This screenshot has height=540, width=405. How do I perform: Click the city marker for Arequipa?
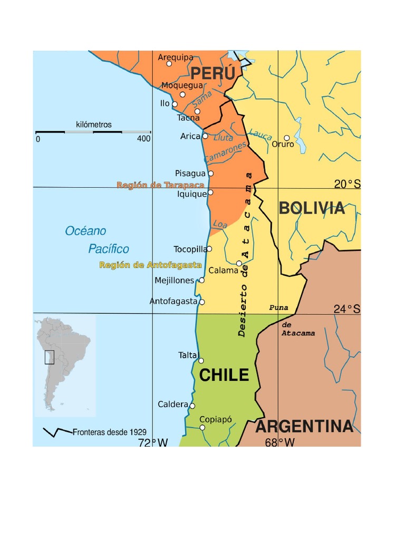(169, 64)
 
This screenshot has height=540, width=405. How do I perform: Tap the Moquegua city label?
(182, 85)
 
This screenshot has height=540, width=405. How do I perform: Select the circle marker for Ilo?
(175, 104)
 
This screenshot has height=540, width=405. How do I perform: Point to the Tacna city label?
(188, 118)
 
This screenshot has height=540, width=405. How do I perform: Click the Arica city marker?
(205, 136)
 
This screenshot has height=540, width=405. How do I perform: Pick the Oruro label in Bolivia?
(283, 144)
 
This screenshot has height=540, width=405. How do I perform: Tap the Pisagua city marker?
(211, 173)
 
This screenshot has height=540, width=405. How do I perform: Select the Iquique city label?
(192, 194)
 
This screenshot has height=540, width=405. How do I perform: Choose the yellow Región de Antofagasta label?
(150, 265)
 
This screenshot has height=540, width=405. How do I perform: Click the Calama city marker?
(239, 263)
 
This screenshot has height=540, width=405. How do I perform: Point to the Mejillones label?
(175, 281)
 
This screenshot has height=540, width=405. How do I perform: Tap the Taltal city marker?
(201, 361)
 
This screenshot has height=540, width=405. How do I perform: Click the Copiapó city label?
(215, 420)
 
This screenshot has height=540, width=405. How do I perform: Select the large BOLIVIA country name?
(312, 208)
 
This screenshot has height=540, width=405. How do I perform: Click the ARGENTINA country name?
(304, 427)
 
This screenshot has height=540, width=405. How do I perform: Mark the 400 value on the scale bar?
(143, 139)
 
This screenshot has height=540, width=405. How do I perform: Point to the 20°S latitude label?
(347, 184)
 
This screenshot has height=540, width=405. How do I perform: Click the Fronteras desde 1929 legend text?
(110, 432)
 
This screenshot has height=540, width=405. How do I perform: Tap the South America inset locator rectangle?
(49, 358)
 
